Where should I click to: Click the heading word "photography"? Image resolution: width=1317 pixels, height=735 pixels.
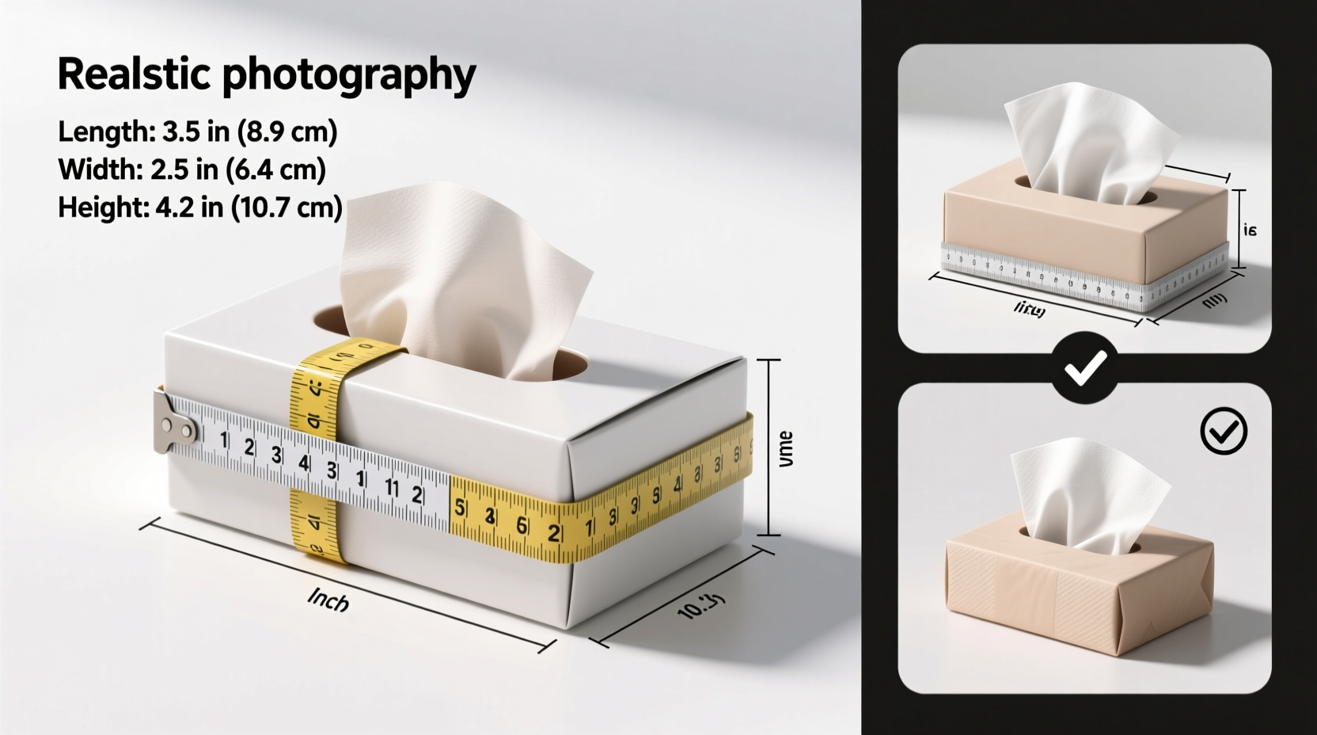tap(348, 76)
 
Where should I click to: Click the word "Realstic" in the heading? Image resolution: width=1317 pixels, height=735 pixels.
tap(134, 74)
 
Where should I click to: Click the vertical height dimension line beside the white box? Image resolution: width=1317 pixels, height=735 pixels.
tap(769, 447)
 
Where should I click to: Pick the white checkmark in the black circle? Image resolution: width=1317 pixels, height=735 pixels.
tap(1085, 367)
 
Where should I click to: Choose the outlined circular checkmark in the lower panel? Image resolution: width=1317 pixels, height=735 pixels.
tap(1224, 431)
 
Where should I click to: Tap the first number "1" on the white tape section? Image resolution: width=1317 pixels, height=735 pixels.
tap(224, 440)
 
